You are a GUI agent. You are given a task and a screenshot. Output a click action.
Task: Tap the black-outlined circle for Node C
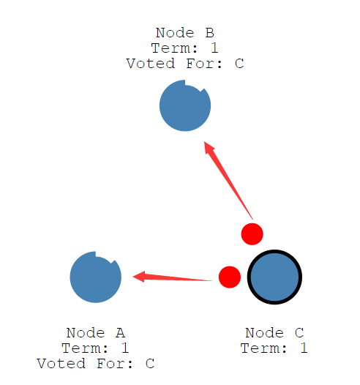pyautogui.click(x=274, y=277)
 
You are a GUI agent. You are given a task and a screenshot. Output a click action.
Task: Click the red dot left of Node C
pyautogui.click(x=230, y=277)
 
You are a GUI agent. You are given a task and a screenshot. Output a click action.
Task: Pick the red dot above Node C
pyautogui.click(x=252, y=234)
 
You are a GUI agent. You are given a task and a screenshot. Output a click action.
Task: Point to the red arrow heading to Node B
pyautogui.click(x=228, y=180)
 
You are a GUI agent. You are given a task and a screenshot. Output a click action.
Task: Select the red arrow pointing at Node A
pyautogui.click(x=173, y=277)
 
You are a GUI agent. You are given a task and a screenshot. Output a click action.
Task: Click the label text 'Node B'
pyautogui.click(x=185, y=33)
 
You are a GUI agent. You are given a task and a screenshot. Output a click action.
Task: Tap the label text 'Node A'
pyautogui.click(x=96, y=333)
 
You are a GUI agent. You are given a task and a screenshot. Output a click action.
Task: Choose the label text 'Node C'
pyautogui.click(x=274, y=333)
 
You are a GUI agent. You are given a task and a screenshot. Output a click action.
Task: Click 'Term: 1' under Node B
pyautogui.click(x=184, y=48)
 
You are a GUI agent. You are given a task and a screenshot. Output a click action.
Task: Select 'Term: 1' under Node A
pyautogui.click(x=95, y=348)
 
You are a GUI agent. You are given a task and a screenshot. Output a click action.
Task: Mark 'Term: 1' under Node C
pyautogui.click(x=274, y=348)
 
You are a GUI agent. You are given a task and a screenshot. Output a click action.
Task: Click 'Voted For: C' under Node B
pyautogui.click(x=185, y=64)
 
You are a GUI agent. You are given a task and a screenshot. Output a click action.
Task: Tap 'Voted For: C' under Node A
pyautogui.click(x=96, y=364)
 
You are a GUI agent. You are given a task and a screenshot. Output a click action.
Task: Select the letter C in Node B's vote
pyautogui.click(x=239, y=64)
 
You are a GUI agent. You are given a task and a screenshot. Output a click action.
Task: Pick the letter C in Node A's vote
pyautogui.click(x=150, y=364)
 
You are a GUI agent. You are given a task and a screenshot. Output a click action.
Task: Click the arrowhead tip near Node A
pyautogui.click(x=132, y=277)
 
